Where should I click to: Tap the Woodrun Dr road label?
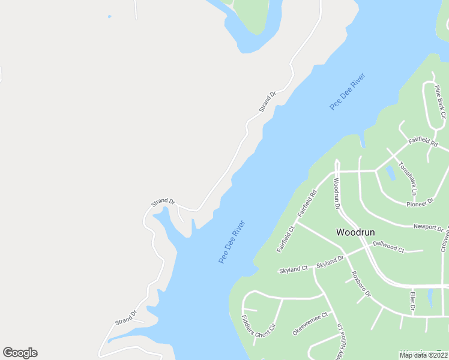(x=336, y=194)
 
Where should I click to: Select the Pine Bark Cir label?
(x=441, y=101)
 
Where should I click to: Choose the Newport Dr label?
(x=428, y=227)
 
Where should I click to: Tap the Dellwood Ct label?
(x=388, y=246)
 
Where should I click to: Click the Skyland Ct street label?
(x=293, y=269)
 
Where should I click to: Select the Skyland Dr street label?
(x=330, y=261)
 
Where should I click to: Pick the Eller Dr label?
(x=413, y=301)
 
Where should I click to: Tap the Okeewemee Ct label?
(x=310, y=323)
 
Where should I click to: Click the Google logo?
(x=20, y=353)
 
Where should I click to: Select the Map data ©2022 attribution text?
(x=424, y=355)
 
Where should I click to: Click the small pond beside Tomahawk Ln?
(x=391, y=173)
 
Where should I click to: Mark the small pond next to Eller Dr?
(x=430, y=297)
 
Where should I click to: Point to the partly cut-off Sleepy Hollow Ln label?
(x=342, y=343)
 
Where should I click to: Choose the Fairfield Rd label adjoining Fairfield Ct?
(x=306, y=204)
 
